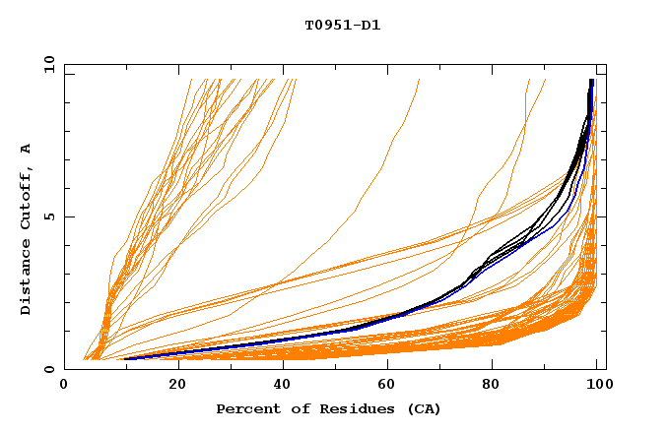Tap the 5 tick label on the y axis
pos(48,217)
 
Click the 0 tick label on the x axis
pos(64,386)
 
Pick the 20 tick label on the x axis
pos(171,386)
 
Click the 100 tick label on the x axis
pos(598,386)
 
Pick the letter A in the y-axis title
pos(26,148)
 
